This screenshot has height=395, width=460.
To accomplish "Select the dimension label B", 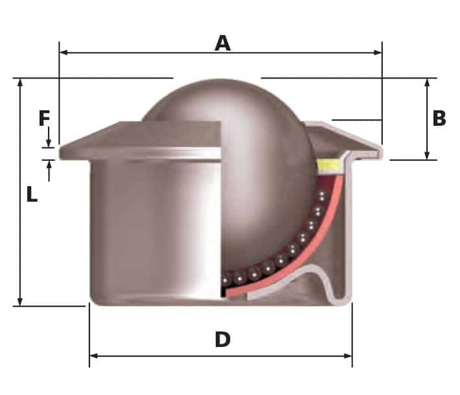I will [439, 119].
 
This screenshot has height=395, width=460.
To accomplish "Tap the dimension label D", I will [222, 339].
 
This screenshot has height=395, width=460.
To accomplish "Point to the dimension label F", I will [44, 119].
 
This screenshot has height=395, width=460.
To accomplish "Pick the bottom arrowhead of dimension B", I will [427, 156].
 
